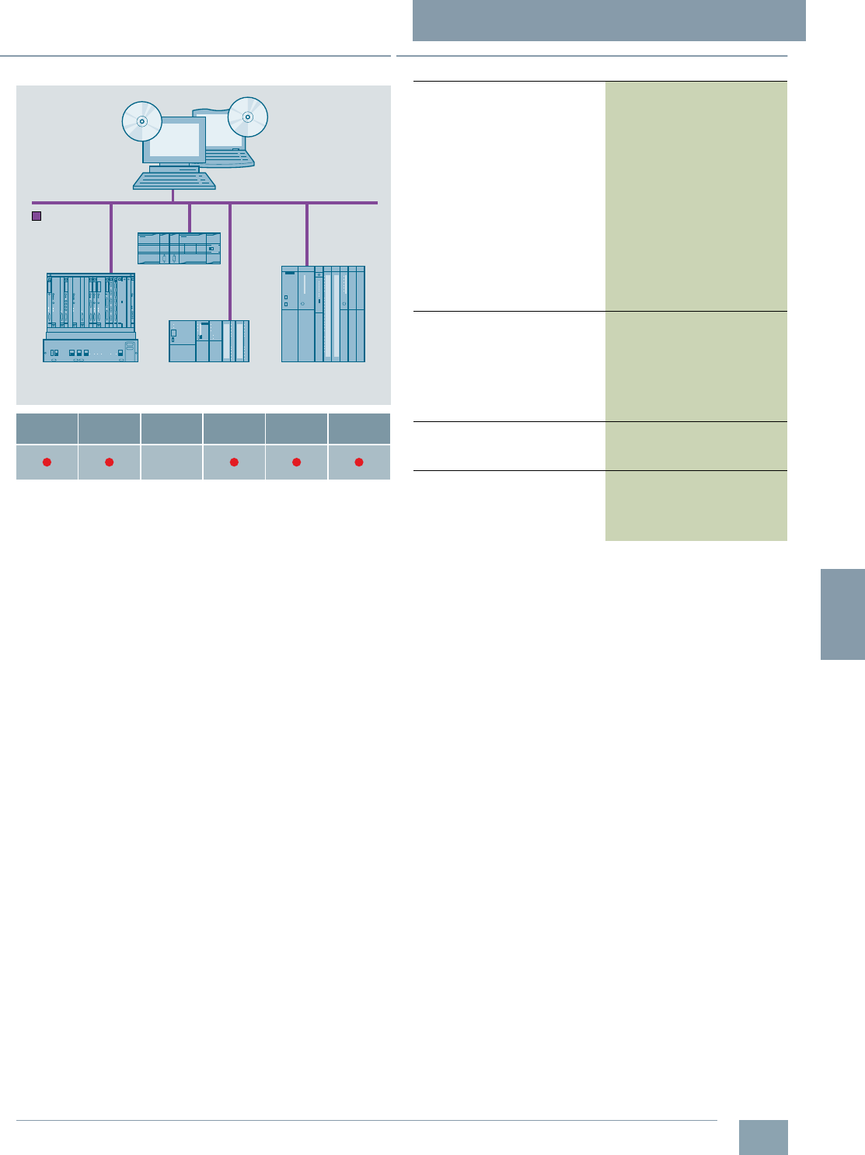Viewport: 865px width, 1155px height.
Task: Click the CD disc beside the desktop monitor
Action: [x=141, y=122]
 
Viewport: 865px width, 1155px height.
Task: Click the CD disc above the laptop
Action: [x=248, y=117]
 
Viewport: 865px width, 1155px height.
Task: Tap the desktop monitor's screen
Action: [x=174, y=140]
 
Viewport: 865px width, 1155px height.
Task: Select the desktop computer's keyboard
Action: [x=174, y=180]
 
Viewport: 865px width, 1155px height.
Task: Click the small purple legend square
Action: [x=36, y=216]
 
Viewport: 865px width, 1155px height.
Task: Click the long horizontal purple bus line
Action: [x=342, y=203]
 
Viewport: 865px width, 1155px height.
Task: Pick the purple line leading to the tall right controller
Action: [x=307, y=234]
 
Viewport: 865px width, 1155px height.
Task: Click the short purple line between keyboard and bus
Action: [x=173, y=196]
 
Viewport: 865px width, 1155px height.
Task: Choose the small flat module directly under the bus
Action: [x=179, y=248]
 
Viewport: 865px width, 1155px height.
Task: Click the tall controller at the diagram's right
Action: [x=323, y=314]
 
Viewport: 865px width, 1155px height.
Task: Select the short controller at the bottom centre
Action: [x=209, y=341]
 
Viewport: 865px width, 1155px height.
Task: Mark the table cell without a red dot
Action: [x=172, y=462]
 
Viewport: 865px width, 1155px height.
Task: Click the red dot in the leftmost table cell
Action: [x=47, y=462]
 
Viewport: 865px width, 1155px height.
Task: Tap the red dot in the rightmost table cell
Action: [x=359, y=462]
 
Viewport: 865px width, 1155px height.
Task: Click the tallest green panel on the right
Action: [x=696, y=196]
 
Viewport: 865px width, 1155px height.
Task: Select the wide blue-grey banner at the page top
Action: [x=609, y=20]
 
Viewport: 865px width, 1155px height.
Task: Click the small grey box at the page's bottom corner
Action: [x=762, y=1137]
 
